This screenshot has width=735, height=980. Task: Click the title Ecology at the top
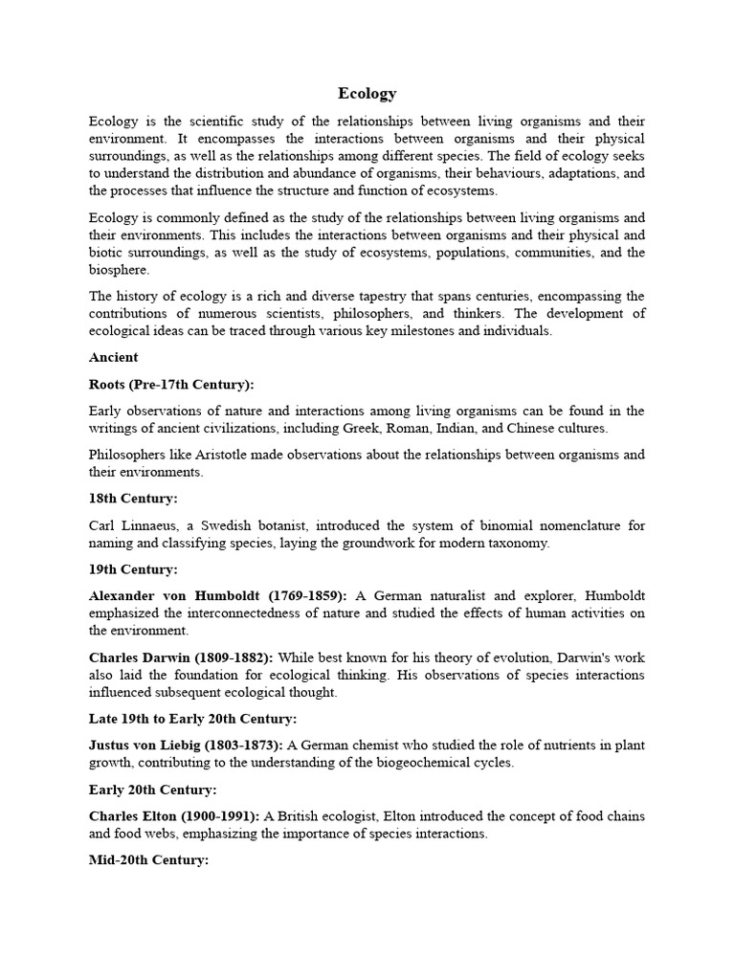pyautogui.click(x=367, y=94)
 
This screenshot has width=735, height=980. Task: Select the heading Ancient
pyautogui.click(x=113, y=357)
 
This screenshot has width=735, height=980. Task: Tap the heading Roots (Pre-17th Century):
pyautogui.click(x=171, y=384)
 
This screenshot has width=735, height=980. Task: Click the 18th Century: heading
pyautogui.click(x=133, y=499)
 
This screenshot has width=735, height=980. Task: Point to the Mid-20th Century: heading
pyautogui.click(x=148, y=860)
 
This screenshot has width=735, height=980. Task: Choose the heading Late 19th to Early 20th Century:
pyautogui.click(x=192, y=718)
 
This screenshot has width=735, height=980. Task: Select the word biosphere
pyautogui.click(x=119, y=269)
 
